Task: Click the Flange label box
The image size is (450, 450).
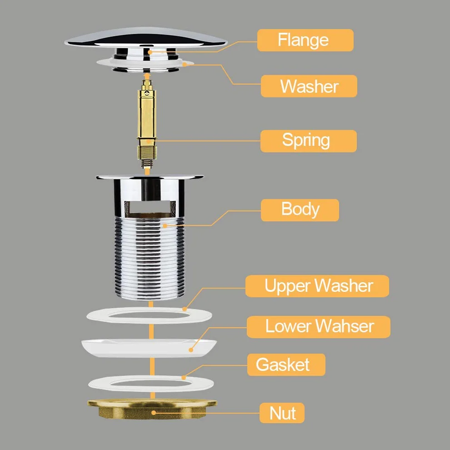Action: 305,40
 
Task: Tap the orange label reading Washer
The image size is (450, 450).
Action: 309,86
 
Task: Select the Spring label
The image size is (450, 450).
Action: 309,141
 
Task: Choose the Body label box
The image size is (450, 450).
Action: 300,210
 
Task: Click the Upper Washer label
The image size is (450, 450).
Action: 317,286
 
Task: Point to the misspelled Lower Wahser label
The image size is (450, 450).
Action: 319,327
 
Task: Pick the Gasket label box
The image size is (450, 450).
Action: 286,365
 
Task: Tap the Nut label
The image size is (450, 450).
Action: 282,413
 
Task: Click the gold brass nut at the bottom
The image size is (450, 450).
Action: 152,409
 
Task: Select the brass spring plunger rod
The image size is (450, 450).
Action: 147,123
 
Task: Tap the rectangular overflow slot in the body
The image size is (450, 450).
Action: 150,208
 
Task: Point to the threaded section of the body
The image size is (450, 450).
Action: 150,258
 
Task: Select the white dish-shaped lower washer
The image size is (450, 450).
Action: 149,348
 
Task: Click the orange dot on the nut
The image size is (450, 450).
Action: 154,413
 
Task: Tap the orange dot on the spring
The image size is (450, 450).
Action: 149,141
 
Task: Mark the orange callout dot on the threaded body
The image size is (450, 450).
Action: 165,226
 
